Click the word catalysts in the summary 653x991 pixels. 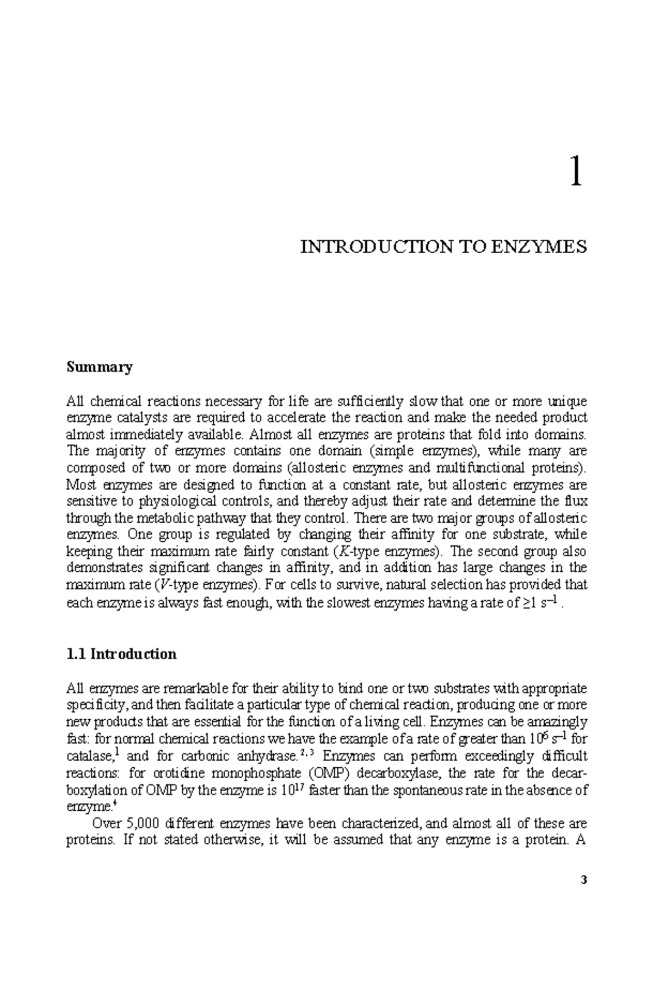point(124,418)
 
